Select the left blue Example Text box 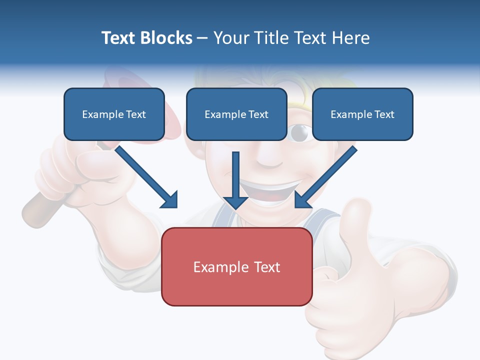coord(114,114)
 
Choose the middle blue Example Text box coord(236,114)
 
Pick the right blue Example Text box coord(362,114)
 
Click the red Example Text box coord(236,267)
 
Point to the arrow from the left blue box coord(145,175)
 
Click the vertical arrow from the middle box coord(235,180)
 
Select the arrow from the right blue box coord(327,175)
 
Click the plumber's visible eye coord(300,132)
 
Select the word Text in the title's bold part coord(118,38)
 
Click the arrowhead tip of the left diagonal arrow coord(175,205)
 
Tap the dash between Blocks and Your coord(202,38)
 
